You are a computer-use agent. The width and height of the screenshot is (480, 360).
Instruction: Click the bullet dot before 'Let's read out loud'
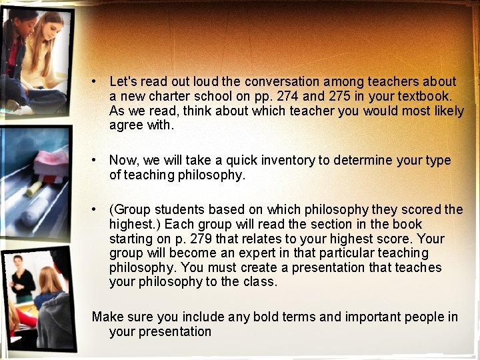pos(97,82)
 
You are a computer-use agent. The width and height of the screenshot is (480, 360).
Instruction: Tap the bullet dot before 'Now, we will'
pos(97,161)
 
